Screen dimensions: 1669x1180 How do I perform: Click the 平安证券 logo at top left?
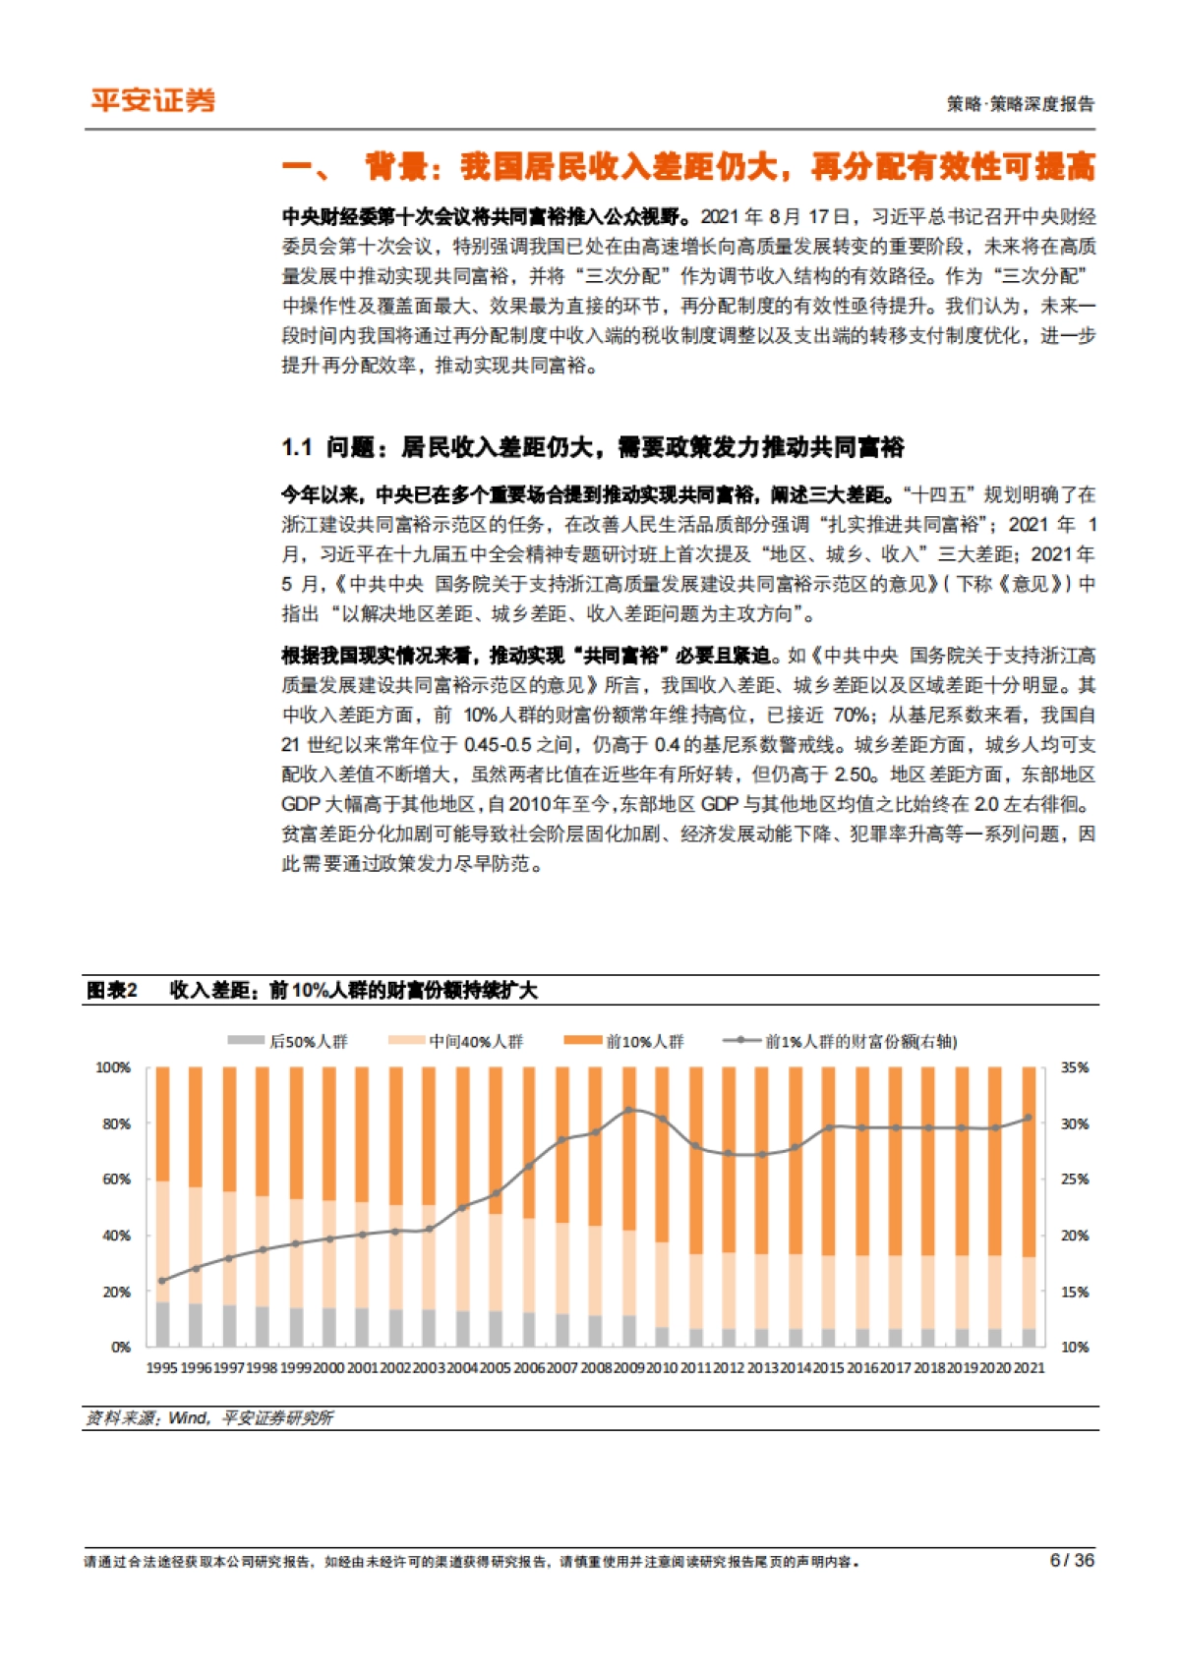point(152,100)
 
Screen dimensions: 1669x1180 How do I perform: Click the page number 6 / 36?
point(1071,1560)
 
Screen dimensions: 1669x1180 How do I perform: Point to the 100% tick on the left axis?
point(113,1067)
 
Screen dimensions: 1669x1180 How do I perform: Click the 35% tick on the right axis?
point(1075,1067)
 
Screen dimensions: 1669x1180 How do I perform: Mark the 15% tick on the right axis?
point(1075,1292)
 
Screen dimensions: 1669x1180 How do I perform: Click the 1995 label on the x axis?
point(162,1367)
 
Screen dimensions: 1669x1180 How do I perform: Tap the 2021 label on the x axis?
point(1030,1367)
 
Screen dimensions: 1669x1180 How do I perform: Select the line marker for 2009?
point(628,1110)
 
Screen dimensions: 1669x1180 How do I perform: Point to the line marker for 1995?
point(162,1281)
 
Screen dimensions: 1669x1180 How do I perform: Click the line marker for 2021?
point(1029,1118)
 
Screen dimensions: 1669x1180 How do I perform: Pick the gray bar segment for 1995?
point(162,1324)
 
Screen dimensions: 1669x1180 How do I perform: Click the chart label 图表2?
point(112,990)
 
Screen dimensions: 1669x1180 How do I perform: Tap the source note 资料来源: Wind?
point(147,1417)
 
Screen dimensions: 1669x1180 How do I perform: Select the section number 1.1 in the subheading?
point(296,448)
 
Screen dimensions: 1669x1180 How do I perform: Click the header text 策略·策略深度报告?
point(1020,104)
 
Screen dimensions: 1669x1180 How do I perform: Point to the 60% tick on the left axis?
point(116,1180)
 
